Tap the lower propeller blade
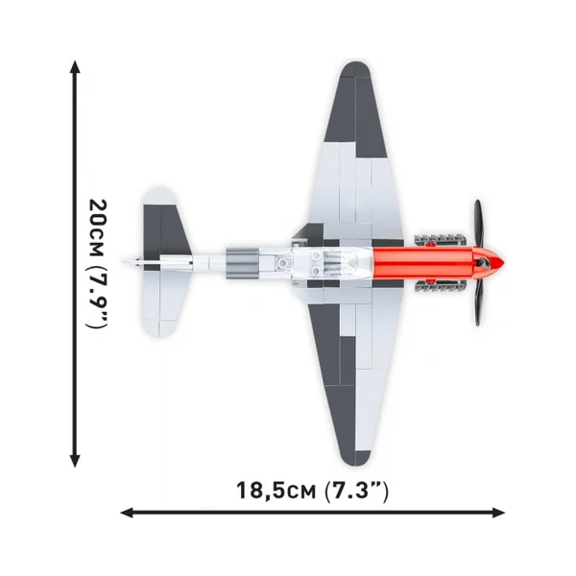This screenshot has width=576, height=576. point(477,302)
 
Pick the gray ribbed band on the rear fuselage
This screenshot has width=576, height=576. point(241,263)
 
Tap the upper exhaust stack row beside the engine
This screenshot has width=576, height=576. point(440,240)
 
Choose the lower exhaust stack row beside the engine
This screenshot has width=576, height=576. point(440,285)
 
